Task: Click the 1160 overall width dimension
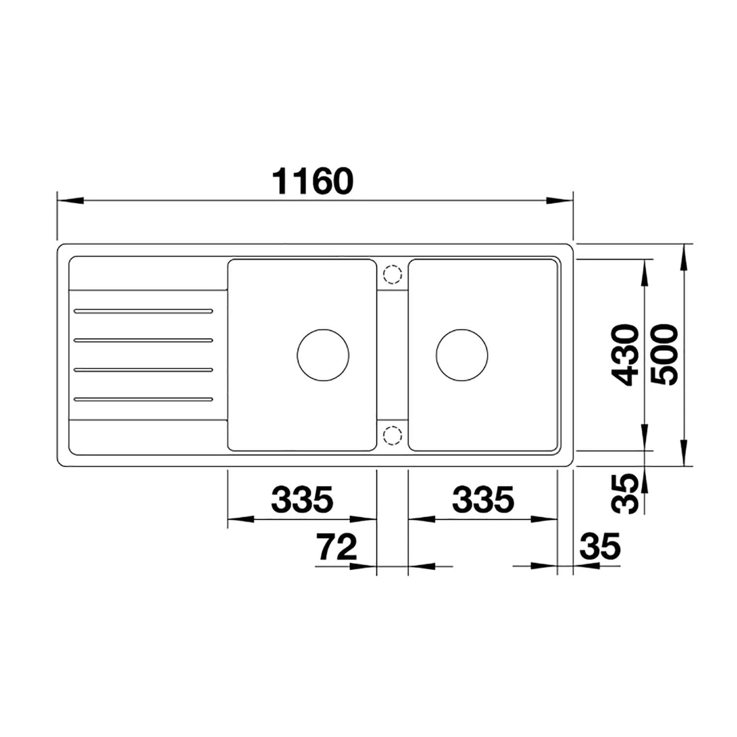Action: pyautogui.click(x=313, y=181)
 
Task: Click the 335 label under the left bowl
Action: pyautogui.click(x=302, y=499)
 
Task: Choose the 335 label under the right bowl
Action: pyautogui.click(x=483, y=499)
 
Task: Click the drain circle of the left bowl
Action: pyautogui.click(x=323, y=354)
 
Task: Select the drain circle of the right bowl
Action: pyautogui.click(x=462, y=354)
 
